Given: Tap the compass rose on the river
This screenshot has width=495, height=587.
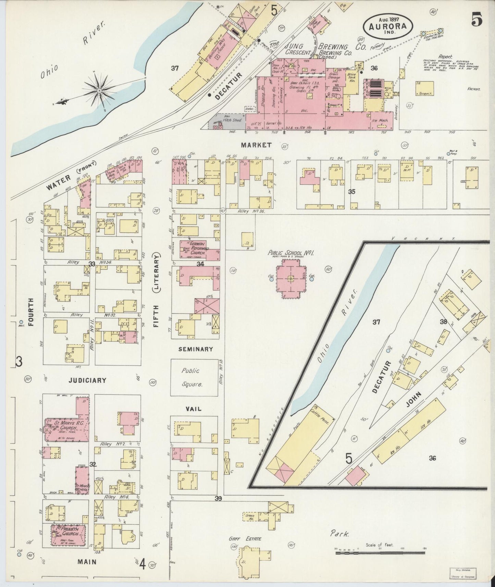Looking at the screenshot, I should [99, 90].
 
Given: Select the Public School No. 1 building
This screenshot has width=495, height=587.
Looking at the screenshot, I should [291, 278].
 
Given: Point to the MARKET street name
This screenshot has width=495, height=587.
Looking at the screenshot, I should [256, 145].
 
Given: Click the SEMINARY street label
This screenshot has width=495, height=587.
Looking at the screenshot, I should [196, 349].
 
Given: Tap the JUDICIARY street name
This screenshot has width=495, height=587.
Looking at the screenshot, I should [87, 380].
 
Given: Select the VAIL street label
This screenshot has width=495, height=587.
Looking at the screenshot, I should [193, 409].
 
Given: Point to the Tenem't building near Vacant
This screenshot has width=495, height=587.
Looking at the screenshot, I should [424, 88].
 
